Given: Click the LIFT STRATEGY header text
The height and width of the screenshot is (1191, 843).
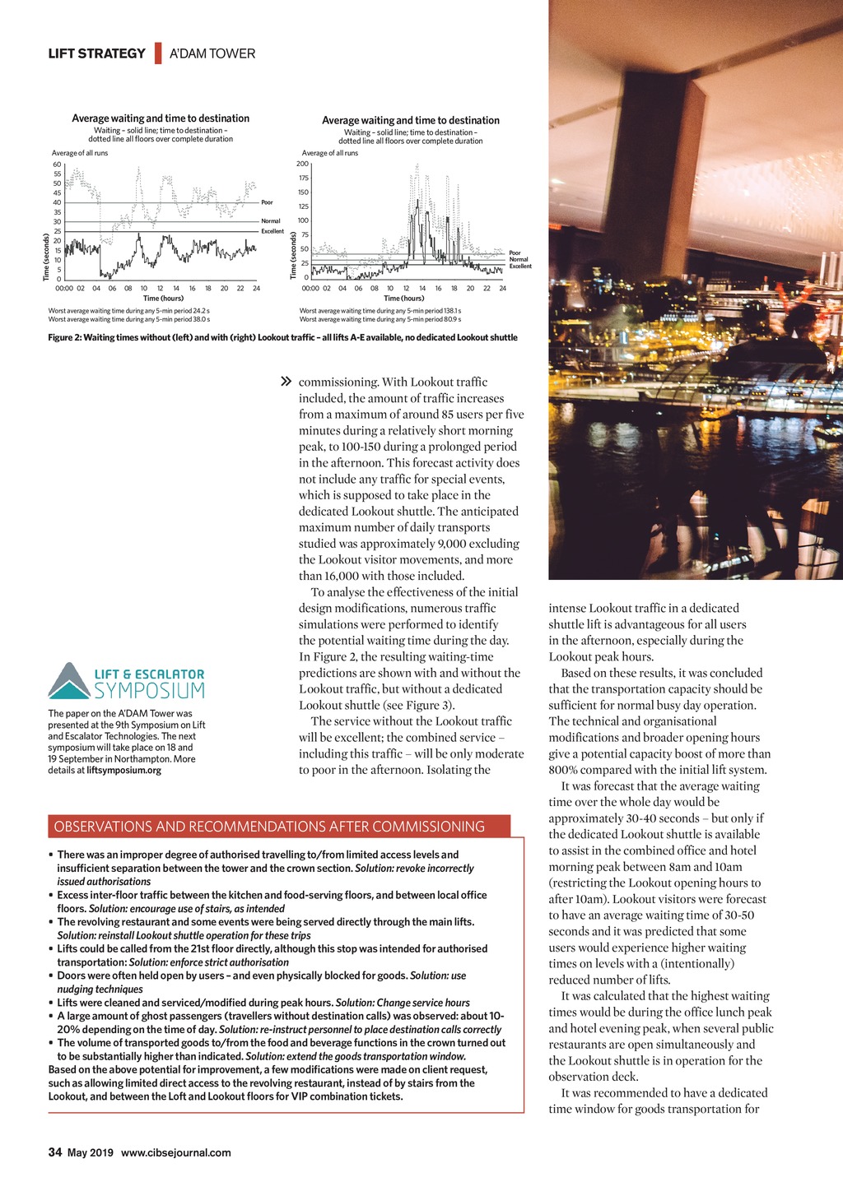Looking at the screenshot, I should click(96, 53).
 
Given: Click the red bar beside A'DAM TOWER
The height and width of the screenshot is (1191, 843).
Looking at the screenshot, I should click(157, 53).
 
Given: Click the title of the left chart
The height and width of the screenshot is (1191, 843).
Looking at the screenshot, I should click(161, 118).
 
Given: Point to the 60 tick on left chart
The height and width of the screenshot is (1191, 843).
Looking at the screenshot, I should click(57, 165).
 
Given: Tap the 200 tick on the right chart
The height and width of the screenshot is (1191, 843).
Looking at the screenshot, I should click(302, 165).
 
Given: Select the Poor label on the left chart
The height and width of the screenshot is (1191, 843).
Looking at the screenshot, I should click(267, 202).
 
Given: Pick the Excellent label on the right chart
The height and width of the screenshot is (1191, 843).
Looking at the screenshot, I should click(520, 266).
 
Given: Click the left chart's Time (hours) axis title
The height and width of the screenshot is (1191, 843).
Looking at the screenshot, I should click(163, 299).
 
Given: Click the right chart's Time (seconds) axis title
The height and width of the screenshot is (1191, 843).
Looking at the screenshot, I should click(294, 255).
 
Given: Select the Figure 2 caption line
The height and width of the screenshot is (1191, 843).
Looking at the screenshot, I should click(282, 337).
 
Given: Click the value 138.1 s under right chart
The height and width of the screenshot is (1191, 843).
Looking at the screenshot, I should click(452, 311).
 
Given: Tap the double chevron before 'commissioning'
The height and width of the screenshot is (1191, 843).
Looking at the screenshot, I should click(286, 382).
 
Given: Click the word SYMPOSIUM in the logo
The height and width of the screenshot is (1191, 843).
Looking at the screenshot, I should click(150, 690).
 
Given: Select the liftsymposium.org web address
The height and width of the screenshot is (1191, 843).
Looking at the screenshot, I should click(123, 771).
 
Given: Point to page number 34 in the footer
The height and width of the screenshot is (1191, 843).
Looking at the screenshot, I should click(55, 1152).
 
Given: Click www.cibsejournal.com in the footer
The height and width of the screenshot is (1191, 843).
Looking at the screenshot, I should click(175, 1153).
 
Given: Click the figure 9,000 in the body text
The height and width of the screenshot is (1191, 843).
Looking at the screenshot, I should click(454, 544).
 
